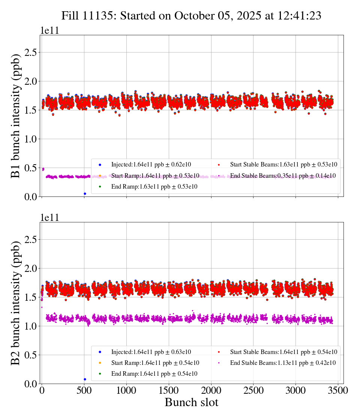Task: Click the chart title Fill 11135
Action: click(x=191, y=16)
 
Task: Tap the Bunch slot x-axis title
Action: click(x=191, y=403)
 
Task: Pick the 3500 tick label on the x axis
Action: click(x=338, y=391)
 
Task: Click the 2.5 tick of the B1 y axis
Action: click(x=31, y=52)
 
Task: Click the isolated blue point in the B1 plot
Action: click(x=85, y=193)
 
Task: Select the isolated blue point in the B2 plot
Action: click(x=85, y=379)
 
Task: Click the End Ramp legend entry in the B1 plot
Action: click(x=154, y=186)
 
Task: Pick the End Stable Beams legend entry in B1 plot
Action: click(x=283, y=175)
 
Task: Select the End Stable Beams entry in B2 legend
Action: click(x=283, y=363)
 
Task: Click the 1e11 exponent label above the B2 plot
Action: click(x=50, y=218)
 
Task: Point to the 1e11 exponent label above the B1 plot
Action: click(x=50, y=31)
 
